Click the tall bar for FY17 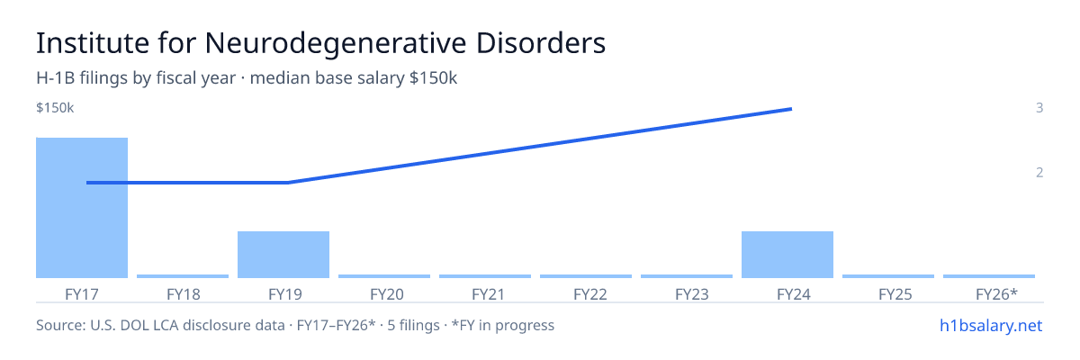point(82,208)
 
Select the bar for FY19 point(283,255)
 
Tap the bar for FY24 point(787,255)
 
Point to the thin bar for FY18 point(183,276)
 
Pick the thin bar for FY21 point(485,276)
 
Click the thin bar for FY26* point(989,276)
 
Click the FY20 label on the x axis point(387,294)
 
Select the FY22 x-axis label point(590,294)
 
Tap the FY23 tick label point(692,294)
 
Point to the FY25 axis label point(895,294)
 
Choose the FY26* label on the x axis point(996,294)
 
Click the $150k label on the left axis point(55,108)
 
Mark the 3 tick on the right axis point(1039,108)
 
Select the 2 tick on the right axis point(1039,173)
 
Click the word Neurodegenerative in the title point(336,43)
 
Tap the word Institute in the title point(93,42)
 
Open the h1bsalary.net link point(991,326)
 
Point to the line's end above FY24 point(792,109)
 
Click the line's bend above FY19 point(288,183)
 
